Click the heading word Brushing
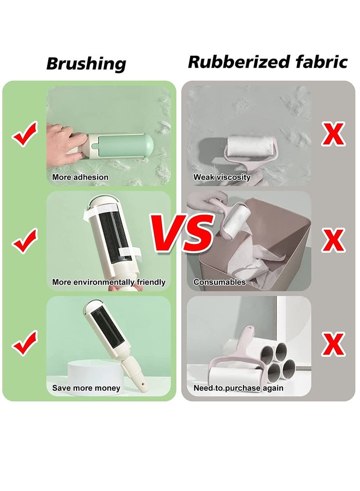coord(86,63)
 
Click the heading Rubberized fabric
coord(268,62)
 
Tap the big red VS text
coord(182,232)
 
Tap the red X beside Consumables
coord(333,240)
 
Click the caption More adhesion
coord(80,177)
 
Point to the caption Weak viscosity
coord(222,177)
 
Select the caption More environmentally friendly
coord(109,282)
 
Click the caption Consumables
coord(220,282)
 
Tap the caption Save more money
coord(86,388)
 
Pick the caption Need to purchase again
coord(238,388)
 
